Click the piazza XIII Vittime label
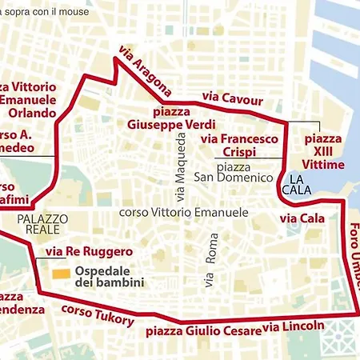(324, 152)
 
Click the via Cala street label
(302, 218)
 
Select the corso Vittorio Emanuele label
(183, 213)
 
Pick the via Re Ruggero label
(89, 252)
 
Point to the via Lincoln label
(294, 326)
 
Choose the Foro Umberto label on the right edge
(353, 256)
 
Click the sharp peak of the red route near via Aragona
(118, 58)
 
